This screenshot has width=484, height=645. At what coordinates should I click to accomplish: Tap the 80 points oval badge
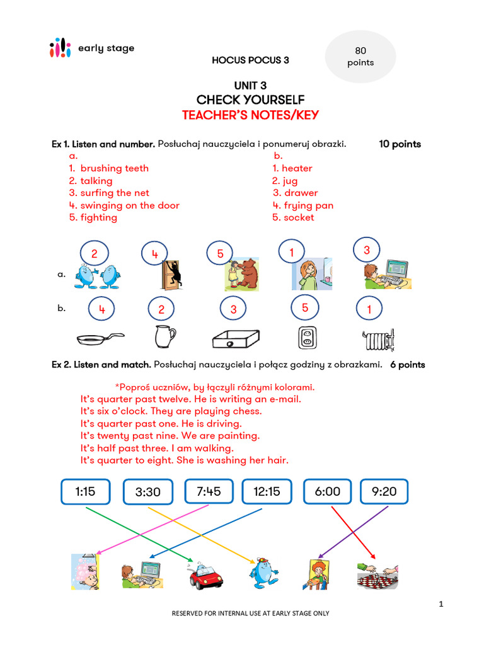tap(360, 57)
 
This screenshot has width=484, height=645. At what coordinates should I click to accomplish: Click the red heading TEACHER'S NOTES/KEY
tap(250, 115)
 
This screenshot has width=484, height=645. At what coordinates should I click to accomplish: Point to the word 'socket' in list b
tap(299, 217)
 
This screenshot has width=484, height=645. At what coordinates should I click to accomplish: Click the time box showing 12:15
tap(267, 491)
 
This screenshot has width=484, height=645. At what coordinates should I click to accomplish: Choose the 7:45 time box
tap(209, 491)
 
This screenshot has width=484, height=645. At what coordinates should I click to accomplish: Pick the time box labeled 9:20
tap(384, 491)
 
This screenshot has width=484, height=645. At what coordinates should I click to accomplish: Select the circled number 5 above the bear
tap(221, 254)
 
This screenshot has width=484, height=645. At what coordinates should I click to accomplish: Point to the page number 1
tap(441, 605)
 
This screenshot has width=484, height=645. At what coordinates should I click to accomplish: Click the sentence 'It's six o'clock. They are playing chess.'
tap(171, 411)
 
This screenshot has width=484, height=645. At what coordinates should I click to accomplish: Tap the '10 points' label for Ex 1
tap(400, 144)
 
